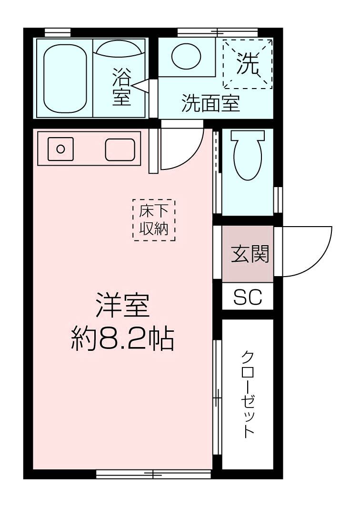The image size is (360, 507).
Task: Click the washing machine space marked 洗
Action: [248, 64]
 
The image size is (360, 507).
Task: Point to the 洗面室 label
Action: [210, 103]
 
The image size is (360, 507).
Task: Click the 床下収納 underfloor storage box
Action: [154, 220]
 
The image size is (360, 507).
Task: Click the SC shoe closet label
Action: [248, 298]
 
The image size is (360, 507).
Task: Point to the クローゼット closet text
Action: [248, 394]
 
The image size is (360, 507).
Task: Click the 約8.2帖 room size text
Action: [122, 339]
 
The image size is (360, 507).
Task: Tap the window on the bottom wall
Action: [153, 474]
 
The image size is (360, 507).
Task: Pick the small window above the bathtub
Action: [58, 32]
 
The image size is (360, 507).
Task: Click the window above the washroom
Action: [218, 32]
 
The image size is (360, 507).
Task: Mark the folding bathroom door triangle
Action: [141, 85]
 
